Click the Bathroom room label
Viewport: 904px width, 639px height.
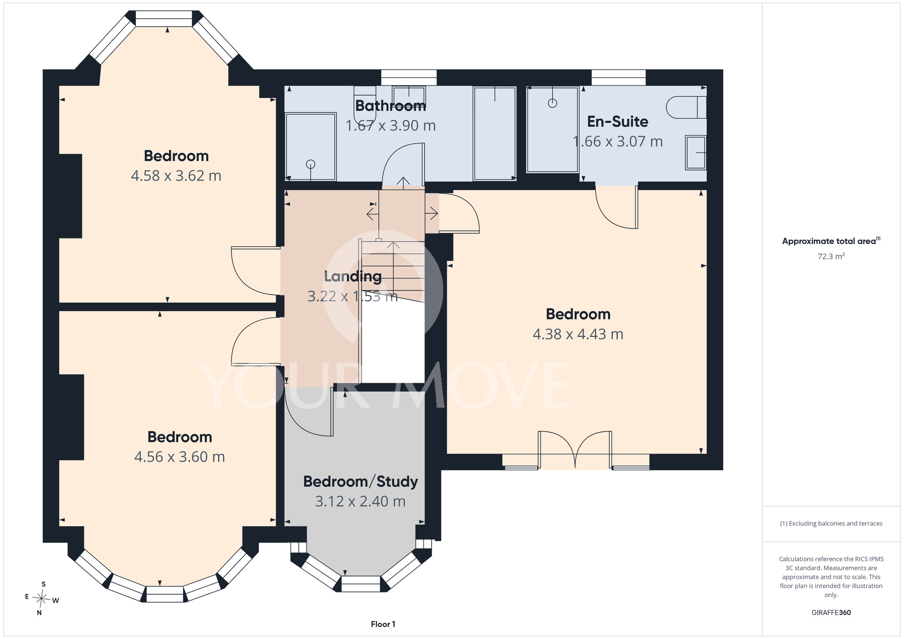click(391, 106)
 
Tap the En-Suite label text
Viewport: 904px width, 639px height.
click(617, 122)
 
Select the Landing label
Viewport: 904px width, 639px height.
click(353, 277)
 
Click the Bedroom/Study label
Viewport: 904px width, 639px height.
click(361, 482)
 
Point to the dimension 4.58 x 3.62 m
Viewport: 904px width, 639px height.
click(176, 176)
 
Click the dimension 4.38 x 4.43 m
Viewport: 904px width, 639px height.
click(578, 334)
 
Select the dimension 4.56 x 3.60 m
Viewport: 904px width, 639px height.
click(179, 457)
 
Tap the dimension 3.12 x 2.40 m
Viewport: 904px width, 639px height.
click(360, 502)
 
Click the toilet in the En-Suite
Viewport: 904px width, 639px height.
click(686, 107)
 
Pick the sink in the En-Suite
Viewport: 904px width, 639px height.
click(696, 153)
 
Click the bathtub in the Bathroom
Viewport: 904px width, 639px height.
click(494, 134)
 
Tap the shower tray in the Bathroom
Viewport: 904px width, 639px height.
click(311, 147)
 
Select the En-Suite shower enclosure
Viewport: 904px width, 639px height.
click(552, 130)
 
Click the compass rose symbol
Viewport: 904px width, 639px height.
click(42, 599)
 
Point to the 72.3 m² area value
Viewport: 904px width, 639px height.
click(831, 256)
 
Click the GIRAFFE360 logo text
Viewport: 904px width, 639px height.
click(831, 613)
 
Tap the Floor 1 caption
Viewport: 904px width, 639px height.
click(383, 624)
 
